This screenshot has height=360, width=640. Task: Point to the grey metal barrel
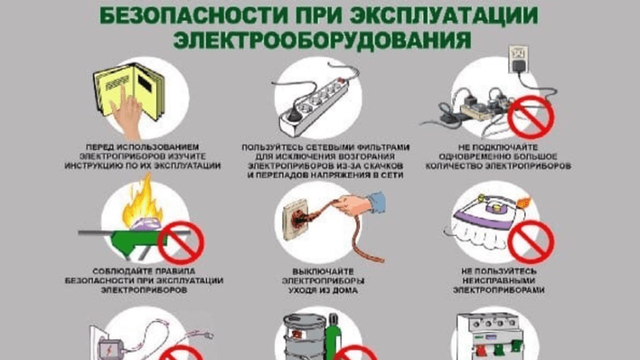click(x=301, y=340)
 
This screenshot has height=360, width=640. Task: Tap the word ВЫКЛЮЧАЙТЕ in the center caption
click(x=320, y=272)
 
